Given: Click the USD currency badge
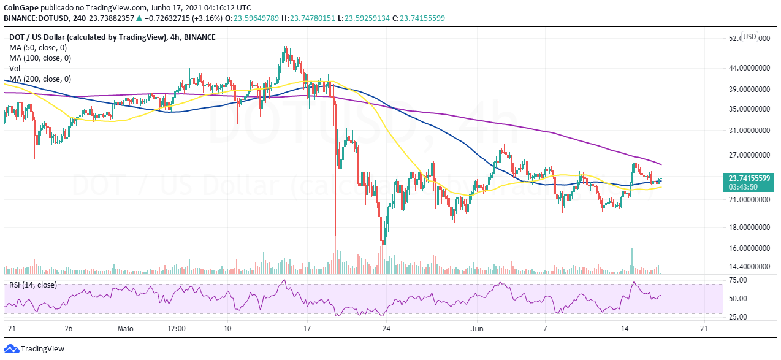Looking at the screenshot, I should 750,35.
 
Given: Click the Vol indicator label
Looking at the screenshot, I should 15,68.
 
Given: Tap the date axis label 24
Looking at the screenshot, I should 386,329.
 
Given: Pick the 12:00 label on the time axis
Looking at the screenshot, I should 177,329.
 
